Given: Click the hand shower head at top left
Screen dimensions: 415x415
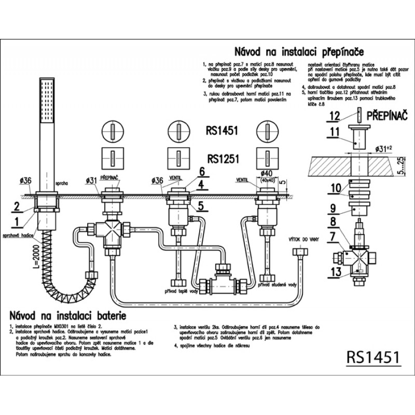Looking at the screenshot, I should (47, 101).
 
